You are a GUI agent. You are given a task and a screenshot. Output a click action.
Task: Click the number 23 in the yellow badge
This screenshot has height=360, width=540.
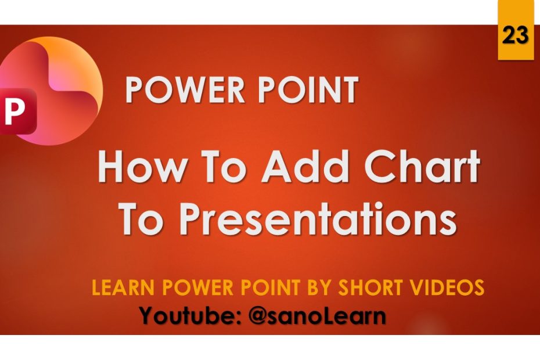pos(515,35)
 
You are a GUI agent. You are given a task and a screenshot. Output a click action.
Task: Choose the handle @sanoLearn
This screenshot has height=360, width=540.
pos(316,316)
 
